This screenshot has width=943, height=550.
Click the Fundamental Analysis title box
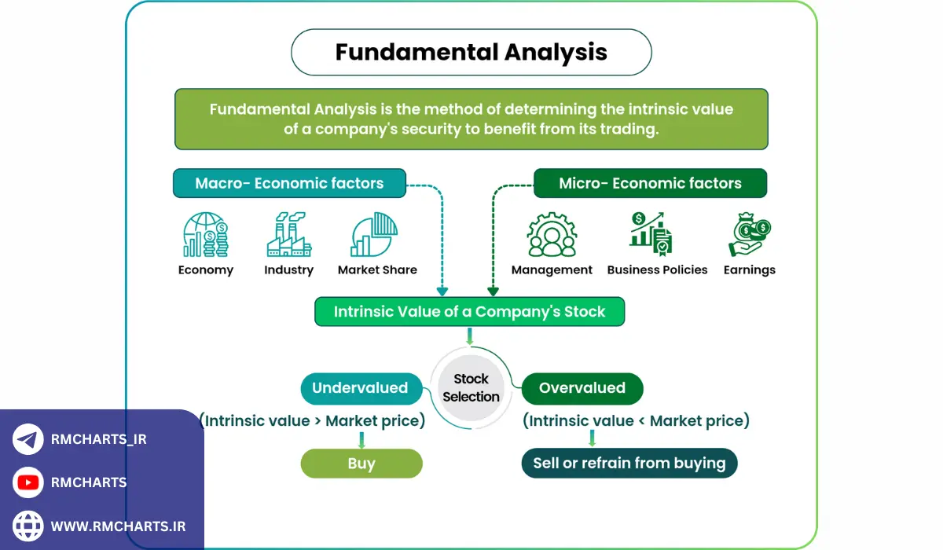[x=471, y=53]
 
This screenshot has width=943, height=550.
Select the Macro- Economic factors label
[x=289, y=183]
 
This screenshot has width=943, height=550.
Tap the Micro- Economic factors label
[x=650, y=183]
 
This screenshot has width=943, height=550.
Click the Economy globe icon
[x=205, y=234]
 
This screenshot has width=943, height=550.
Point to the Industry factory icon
[x=288, y=234]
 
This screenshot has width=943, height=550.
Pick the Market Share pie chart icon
[x=374, y=234]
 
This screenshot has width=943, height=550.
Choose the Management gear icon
[x=552, y=234]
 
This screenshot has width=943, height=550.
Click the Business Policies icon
[x=652, y=234]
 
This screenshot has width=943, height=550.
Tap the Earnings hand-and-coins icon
[x=749, y=234]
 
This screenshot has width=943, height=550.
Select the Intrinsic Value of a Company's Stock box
[x=469, y=311]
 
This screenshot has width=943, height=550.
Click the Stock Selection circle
[x=471, y=388]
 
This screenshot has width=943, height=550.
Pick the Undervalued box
[x=360, y=388]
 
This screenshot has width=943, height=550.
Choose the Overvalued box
[x=582, y=388]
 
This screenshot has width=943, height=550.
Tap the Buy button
[x=361, y=463]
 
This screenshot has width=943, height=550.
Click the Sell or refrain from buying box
[x=629, y=463]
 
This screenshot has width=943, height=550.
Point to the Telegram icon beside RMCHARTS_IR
[x=28, y=439]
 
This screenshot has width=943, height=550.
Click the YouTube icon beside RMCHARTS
[x=28, y=482]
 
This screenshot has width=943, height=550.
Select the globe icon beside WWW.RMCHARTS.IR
[x=28, y=526]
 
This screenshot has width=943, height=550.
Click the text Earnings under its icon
[x=749, y=269]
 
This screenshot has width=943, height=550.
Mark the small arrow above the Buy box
[x=361, y=439]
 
